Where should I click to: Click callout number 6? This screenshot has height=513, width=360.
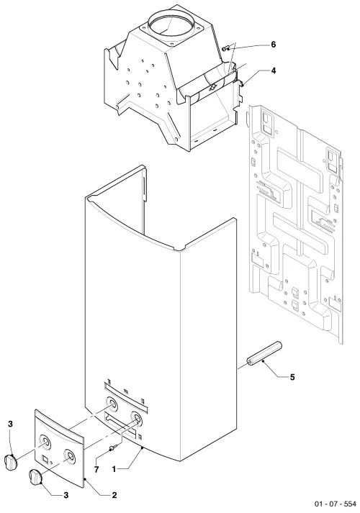274,44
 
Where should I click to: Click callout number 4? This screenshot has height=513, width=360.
274,71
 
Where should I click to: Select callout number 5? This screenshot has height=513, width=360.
292,377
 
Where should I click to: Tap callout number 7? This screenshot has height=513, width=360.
96,470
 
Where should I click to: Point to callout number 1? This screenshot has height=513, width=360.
114,469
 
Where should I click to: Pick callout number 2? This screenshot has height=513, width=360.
114,495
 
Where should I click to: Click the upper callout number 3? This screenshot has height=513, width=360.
11,425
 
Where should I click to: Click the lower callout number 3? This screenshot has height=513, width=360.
66,495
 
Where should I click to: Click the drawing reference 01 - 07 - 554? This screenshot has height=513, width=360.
336,504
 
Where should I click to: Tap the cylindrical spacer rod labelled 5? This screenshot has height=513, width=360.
264,353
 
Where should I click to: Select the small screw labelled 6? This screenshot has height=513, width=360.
225,49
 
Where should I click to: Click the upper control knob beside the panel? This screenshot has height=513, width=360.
11,462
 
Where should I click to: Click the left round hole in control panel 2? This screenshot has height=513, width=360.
45,442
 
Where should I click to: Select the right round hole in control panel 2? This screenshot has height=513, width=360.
70,455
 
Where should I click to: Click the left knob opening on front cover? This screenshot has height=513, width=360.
112,404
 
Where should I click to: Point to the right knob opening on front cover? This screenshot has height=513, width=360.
136,418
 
